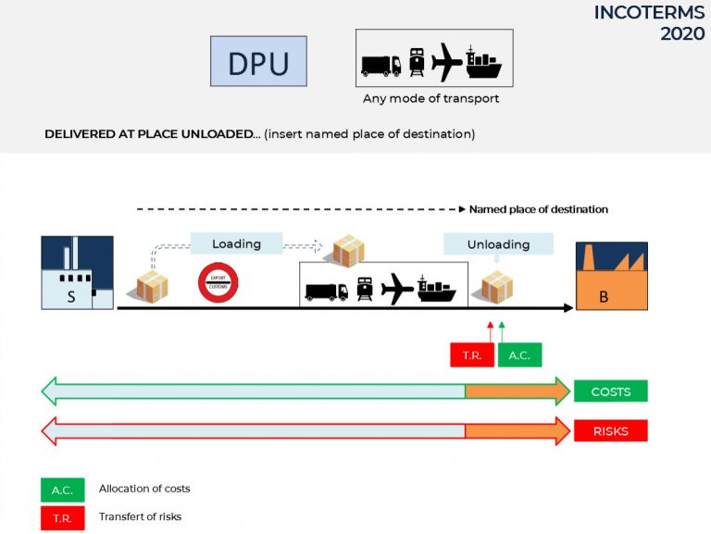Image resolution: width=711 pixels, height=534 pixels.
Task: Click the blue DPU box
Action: pos(258,61)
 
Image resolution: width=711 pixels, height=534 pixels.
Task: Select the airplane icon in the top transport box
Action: pos(447,61)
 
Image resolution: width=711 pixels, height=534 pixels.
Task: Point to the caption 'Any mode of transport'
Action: pos(432,99)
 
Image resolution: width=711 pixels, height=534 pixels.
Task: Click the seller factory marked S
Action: pos(77,272)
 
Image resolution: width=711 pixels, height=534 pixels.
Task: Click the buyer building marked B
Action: pos(611,276)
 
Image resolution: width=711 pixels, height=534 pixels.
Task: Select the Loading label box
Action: pos(236,244)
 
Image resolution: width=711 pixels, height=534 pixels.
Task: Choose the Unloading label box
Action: pos(498,244)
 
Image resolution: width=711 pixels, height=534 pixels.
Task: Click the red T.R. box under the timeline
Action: pos(472,355)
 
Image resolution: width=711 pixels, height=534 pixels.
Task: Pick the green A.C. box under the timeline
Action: pos(519,355)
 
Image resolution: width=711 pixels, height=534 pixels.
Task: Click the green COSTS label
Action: pos(610,391)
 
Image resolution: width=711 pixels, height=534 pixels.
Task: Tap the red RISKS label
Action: pos(610,431)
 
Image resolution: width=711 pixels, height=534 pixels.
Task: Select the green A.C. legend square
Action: pos(62,490)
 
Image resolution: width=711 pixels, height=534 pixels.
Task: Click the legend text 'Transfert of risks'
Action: pos(140,516)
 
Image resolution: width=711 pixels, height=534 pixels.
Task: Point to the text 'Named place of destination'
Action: pos(538,209)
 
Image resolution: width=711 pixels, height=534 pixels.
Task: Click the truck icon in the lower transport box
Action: pos(327,291)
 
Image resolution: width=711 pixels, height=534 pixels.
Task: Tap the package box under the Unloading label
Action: pos(497,287)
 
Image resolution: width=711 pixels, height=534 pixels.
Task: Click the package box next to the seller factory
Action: pos(153,286)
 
